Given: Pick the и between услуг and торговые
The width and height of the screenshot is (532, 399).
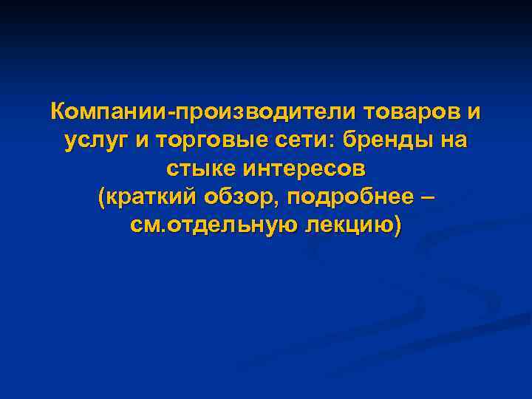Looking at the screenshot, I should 139,140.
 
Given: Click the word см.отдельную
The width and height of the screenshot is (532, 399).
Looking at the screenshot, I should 213,225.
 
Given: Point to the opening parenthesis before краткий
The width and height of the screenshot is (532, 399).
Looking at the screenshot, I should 101,197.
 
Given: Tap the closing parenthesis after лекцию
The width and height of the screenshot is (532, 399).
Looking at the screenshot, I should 399,225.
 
